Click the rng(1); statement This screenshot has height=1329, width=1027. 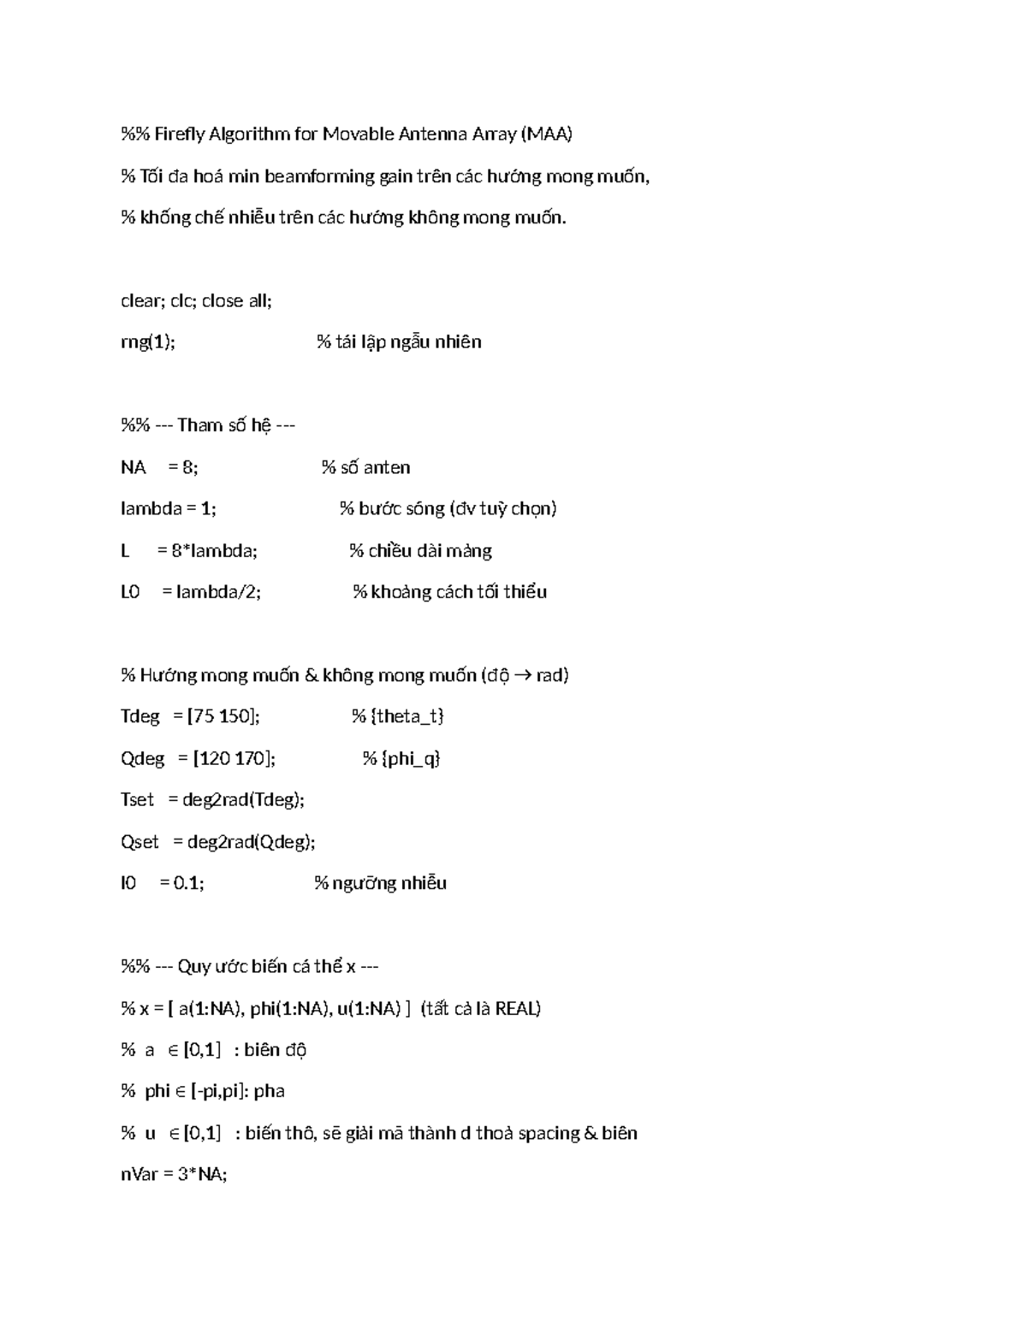(x=147, y=342)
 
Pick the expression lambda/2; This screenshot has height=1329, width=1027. (x=218, y=591)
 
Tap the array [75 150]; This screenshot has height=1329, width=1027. (x=223, y=716)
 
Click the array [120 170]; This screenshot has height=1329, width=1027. (x=234, y=758)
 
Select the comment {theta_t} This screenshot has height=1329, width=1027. (x=407, y=716)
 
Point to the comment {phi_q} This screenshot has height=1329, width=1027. (x=412, y=758)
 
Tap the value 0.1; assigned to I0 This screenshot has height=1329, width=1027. (x=188, y=883)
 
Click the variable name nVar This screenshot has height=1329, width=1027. (x=140, y=1174)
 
